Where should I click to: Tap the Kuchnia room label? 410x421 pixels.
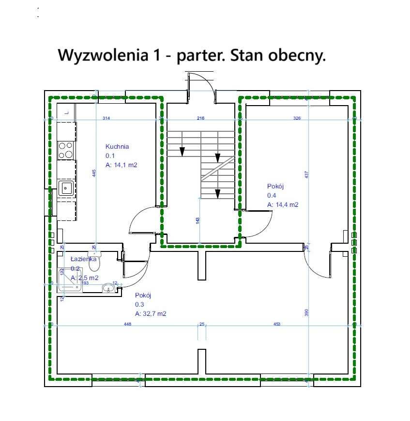pos(117,146)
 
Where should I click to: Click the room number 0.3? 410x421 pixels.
pos(139,304)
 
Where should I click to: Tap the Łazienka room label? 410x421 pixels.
pos(83,259)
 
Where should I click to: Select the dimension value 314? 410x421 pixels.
pos(106,118)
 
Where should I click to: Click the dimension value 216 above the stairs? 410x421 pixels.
pos(201,118)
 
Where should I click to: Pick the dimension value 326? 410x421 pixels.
pos(297,118)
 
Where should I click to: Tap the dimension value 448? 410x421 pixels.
pos(128,324)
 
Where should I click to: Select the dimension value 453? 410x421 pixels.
pos(277,324)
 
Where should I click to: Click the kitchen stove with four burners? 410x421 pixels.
pos(66,150)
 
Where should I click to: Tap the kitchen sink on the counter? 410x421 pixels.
pos(65,187)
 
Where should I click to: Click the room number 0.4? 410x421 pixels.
pos(272,195)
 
